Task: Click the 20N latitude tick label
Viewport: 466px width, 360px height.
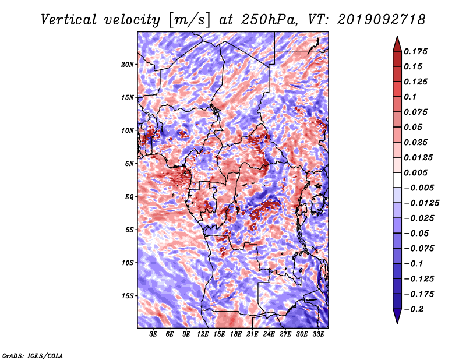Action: [128, 65]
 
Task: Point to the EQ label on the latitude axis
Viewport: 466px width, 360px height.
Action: [129, 197]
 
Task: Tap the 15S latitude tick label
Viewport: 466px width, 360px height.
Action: [128, 296]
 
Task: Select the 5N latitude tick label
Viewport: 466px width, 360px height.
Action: [129, 164]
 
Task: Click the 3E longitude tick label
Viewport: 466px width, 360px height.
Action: [153, 334]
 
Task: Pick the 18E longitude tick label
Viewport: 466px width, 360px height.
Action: [236, 334]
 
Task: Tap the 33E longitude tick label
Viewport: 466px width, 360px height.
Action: [318, 334]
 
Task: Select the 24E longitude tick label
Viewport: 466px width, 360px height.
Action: [269, 334]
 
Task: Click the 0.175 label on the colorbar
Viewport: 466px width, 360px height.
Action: [415, 51]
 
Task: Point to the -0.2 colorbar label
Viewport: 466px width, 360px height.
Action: [414, 309]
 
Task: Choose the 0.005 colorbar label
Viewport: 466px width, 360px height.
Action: [415, 172]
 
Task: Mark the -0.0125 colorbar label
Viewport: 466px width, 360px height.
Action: [421, 203]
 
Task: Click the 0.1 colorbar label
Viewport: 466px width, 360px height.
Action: [410, 97]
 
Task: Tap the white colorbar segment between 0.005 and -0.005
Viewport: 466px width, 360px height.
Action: [397, 180]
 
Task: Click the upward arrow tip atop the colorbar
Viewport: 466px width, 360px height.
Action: [397, 36]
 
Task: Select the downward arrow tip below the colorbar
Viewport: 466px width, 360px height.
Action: [397, 323]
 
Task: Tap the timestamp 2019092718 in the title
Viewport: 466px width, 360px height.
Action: [382, 20]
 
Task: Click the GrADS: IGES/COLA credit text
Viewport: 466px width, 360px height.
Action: [33, 355]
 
